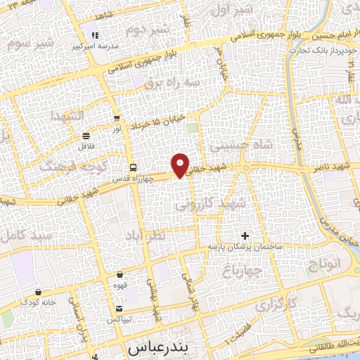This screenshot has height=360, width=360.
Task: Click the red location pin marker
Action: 181,165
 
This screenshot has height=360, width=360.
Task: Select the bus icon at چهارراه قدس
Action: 133,167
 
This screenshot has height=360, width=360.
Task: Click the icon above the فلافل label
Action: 86,135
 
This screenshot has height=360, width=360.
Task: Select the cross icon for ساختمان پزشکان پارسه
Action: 245,235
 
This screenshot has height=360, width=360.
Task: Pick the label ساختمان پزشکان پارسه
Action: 244,247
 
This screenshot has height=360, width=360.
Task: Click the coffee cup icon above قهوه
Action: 120,274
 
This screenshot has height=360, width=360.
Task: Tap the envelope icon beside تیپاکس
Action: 119,309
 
